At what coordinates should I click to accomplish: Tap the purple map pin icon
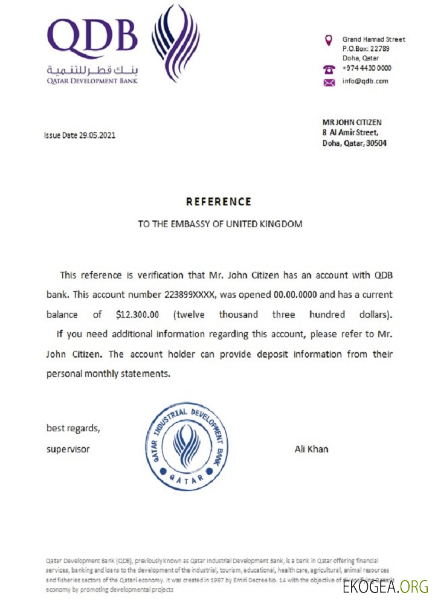pyautogui.click(x=329, y=40)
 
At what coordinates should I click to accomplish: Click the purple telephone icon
pyautogui.click(x=329, y=69)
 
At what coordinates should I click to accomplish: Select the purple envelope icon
pyautogui.click(x=329, y=82)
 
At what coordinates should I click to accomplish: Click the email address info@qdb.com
pyautogui.click(x=366, y=81)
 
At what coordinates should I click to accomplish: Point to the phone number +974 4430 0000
pyautogui.click(x=367, y=68)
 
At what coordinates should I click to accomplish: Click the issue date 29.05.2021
pyautogui.click(x=97, y=135)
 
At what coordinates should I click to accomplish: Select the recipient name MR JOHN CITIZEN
pyautogui.click(x=352, y=122)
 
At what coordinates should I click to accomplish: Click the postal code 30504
pyautogui.click(x=375, y=143)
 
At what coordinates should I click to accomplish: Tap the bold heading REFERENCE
pyautogui.click(x=218, y=202)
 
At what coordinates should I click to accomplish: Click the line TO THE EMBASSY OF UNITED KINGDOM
pyautogui.click(x=220, y=224)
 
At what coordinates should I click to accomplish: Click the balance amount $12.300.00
pyautogui.click(x=137, y=315)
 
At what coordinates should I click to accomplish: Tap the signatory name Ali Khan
pyautogui.click(x=311, y=449)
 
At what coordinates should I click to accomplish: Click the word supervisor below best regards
pyautogui.click(x=68, y=449)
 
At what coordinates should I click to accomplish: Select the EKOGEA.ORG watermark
pyautogui.click(x=385, y=586)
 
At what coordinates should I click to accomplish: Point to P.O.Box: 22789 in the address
pyautogui.click(x=366, y=49)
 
